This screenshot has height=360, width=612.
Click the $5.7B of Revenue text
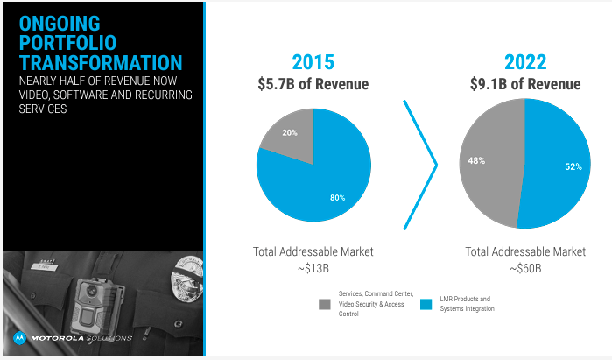[x=312, y=84]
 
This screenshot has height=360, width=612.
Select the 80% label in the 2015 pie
[x=338, y=198]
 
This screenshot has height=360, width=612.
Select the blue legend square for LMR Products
[x=426, y=304]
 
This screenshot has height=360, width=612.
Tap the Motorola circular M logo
[x=19, y=337]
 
